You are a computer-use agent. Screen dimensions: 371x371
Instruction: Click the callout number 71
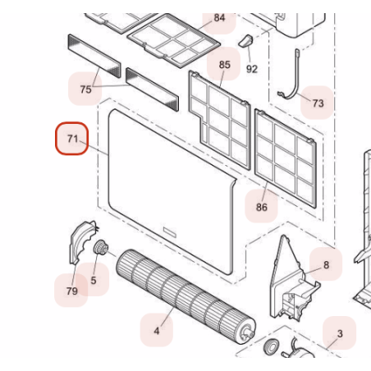pos(72,139)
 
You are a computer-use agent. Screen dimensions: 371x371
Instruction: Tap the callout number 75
pos(85,89)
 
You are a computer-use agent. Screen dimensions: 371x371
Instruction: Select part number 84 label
pos(219,18)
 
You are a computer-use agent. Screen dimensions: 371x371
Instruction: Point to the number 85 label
pos(225,65)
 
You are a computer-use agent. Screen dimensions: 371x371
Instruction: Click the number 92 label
pos(252,69)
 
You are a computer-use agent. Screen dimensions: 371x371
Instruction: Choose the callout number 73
pos(318,103)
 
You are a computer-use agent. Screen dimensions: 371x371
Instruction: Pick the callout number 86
pos(262,207)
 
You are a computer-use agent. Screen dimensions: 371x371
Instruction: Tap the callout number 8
pos(326,265)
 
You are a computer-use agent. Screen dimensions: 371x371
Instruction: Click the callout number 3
pos(340,333)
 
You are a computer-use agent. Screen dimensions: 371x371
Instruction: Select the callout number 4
pos(157,331)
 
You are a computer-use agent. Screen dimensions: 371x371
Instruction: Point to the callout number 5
pos(94,280)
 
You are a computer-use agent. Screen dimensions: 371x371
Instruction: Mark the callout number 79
pos(72,291)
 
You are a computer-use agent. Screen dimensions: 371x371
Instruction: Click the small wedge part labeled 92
pos(246,41)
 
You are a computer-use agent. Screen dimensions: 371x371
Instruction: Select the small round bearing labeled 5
pos(101,247)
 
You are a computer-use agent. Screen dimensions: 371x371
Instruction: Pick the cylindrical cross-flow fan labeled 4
pos(186,296)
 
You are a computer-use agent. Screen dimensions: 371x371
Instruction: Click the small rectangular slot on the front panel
pos(170,232)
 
